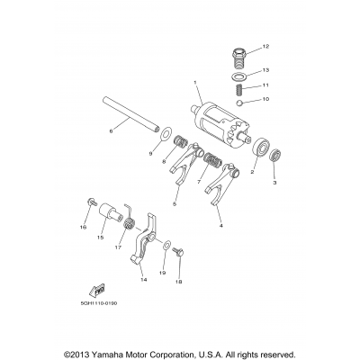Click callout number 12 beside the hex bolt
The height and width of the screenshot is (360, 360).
266,46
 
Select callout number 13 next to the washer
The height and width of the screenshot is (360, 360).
266,68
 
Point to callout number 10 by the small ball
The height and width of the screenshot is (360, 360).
266,101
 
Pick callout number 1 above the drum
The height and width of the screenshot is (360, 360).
193,84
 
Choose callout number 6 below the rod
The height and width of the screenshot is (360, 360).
110,132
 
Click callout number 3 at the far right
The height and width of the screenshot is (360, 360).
274,182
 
